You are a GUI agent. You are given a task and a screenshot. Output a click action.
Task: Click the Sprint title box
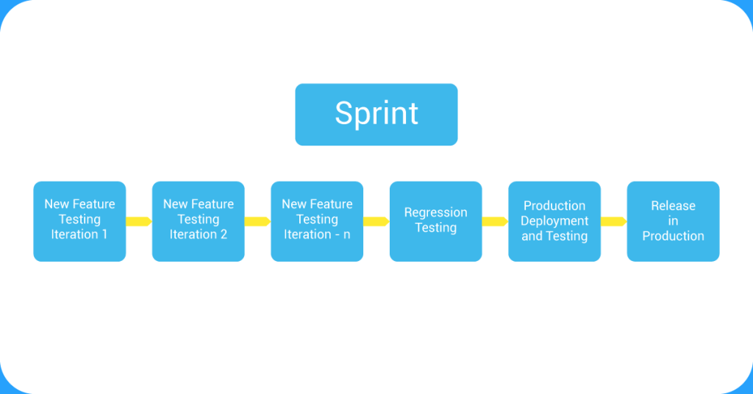click(x=376, y=114)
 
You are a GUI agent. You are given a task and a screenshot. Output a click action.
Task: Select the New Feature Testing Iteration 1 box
click(x=79, y=221)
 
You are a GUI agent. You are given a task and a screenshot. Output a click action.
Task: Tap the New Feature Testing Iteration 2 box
click(x=198, y=221)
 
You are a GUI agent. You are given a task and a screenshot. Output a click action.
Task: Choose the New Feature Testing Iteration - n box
click(x=317, y=221)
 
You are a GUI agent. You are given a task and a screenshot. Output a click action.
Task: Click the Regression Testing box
click(x=435, y=221)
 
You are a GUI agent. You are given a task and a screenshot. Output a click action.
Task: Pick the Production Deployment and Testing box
click(x=554, y=221)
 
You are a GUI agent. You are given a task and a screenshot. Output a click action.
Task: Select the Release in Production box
click(x=673, y=221)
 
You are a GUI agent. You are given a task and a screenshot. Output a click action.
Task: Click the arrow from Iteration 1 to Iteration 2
click(x=139, y=221)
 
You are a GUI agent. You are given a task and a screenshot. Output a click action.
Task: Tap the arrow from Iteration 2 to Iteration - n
click(x=257, y=221)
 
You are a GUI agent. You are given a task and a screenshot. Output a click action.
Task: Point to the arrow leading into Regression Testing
click(x=376, y=221)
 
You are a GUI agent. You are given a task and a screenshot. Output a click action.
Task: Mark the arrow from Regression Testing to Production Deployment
click(x=495, y=221)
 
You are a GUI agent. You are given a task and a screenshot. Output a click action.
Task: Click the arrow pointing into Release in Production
click(x=613, y=221)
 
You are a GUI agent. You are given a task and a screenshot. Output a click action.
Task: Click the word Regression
click(x=435, y=212)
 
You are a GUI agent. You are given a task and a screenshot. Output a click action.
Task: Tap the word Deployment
click(x=554, y=221)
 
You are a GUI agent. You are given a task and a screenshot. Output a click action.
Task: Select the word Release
click(x=673, y=206)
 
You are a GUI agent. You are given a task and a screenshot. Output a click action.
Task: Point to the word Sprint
click(x=376, y=114)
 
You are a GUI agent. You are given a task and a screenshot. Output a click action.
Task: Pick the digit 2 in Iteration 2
click(x=224, y=234)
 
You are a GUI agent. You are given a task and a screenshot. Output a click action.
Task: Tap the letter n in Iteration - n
click(x=346, y=234)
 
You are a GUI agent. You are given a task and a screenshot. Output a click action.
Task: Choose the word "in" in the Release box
click(x=673, y=221)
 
